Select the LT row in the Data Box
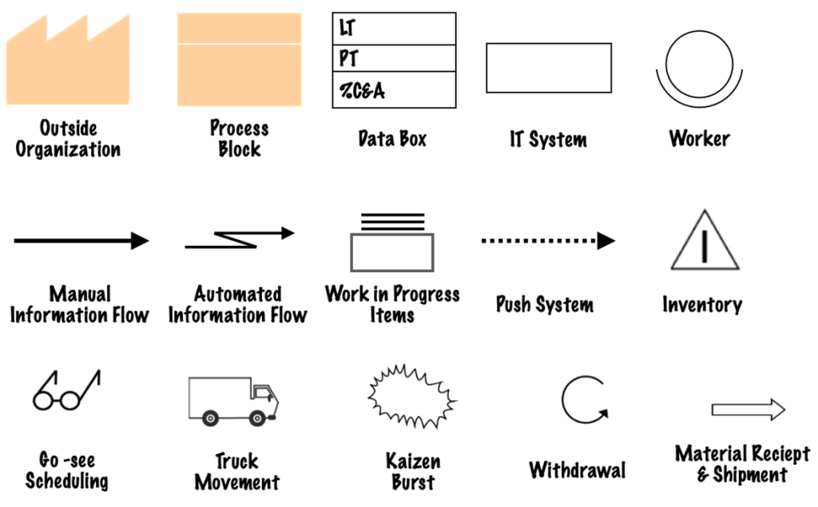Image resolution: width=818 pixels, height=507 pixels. click(x=394, y=29)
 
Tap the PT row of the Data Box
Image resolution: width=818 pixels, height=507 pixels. click(x=394, y=59)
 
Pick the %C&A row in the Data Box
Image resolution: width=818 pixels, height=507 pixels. click(x=394, y=89)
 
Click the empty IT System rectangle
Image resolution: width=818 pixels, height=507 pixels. click(x=549, y=68)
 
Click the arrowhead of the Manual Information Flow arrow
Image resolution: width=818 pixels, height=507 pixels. click(x=140, y=240)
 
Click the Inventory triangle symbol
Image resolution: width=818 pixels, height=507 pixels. click(x=703, y=243)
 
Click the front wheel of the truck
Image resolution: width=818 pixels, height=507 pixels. click(x=257, y=418)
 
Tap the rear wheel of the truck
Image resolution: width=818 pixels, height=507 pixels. click(x=211, y=418)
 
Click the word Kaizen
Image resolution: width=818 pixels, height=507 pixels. click(x=413, y=461)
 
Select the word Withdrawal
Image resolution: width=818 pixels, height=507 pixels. click(x=577, y=469)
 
